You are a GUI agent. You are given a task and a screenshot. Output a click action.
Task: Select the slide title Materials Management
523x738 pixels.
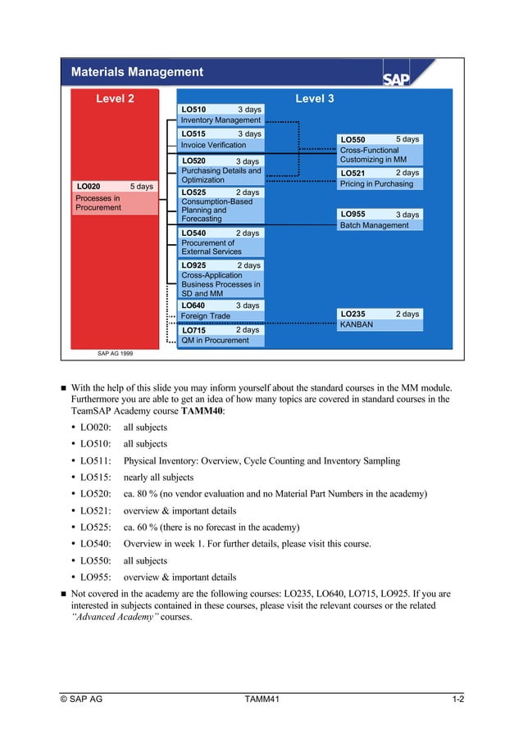pyautogui.click(x=137, y=72)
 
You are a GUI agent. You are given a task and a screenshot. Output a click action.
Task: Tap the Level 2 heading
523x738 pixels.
pyautogui.click(x=115, y=99)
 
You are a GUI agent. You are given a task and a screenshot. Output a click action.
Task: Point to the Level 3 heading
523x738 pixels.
pyautogui.click(x=314, y=99)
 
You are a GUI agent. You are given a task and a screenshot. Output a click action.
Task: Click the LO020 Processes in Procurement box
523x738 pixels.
pyautogui.click(x=115, y=197)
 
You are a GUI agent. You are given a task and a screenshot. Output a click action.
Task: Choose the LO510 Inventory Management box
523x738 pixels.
pyautogui.click(x=221, y=115)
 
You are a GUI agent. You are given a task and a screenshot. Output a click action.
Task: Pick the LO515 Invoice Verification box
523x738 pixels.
pyautogui.click(x=221, y=139)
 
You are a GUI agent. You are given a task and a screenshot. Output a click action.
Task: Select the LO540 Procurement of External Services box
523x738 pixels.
pyautogui.click(x=221, y=242)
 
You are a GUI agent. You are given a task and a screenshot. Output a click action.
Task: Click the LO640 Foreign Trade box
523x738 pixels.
pyautogui.click(x=221, y=310)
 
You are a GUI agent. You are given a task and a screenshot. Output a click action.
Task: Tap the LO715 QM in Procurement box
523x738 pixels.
pyautogui.click(x=221, y=335)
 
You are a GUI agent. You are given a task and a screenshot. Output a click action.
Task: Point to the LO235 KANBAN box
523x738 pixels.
pyautogui.click(x=380, y=319)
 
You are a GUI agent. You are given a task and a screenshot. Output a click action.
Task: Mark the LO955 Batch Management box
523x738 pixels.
pyautogui.click(x=380, y=220)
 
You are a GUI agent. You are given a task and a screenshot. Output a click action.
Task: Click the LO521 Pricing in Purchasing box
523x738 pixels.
pyautogui.click(x=380, y=179)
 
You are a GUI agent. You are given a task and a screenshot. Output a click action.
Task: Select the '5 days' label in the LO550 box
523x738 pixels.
pyautogui.click(x=407, y=140)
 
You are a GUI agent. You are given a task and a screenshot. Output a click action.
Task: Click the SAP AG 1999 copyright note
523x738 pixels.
pyautogui.click(x=115, y=353)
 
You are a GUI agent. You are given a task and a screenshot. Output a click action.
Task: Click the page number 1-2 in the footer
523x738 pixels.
pyautogui.click(x=457, y=699)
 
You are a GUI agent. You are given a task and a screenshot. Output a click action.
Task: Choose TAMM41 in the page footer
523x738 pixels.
pyautogui.click(x=262, y=699)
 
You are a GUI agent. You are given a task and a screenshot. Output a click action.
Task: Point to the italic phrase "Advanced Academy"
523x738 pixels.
pyautogui.click(x=114, y=616)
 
